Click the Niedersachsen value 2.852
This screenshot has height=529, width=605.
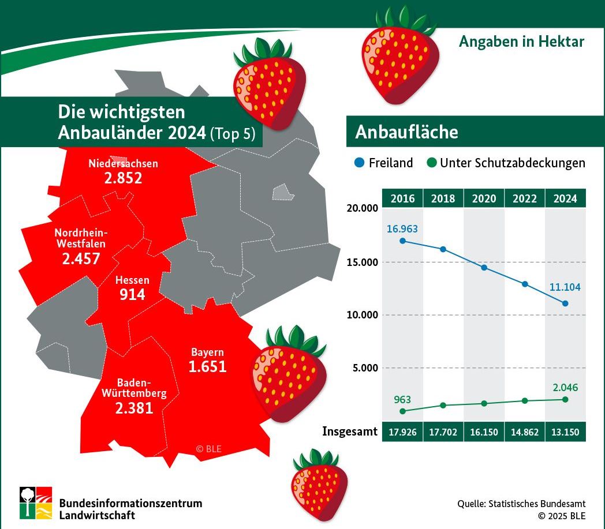coord(123,178)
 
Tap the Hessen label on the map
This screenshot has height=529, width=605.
coord(132,280)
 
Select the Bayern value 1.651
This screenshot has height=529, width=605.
coord(207,366)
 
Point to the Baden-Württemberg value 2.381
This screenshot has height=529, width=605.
coord(134,408)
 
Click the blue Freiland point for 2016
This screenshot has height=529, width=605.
coord(402,241)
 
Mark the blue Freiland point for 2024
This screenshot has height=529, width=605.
coord(565,303)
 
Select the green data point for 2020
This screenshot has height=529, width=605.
coord(484,403)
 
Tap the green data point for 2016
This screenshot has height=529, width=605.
coord(402,411)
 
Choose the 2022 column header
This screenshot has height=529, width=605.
coord(524,198)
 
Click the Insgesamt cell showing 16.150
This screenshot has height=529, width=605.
coord(484,432)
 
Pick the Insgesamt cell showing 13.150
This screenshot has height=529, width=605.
coord(565,432)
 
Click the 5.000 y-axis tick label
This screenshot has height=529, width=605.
coord(364,368)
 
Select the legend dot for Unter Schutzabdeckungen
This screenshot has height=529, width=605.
coord(431,163)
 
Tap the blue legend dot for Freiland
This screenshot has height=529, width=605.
coord(358,163)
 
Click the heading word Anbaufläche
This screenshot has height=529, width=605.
coord(406,132)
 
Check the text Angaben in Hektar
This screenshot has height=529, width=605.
coord(521,42)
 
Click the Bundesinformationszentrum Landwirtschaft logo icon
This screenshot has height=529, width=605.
coord(36,502)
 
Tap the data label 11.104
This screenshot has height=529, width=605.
coord(565,287)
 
